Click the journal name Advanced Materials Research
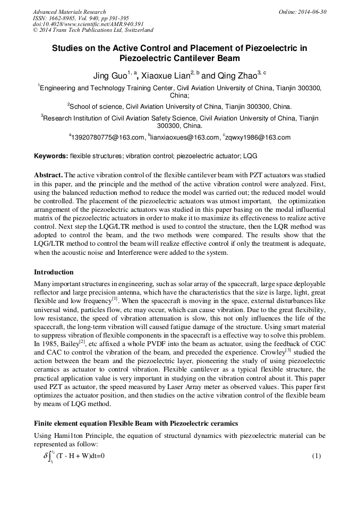click(x=69, y=12)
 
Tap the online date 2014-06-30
click(x=313, y=12)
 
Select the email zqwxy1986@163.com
click(x=258, y=137)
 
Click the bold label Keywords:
click(x=51, y=156)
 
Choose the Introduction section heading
click(x=54, y=272)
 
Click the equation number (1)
click(x=316, y=456)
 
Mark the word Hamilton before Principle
click(x=69, y=436)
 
